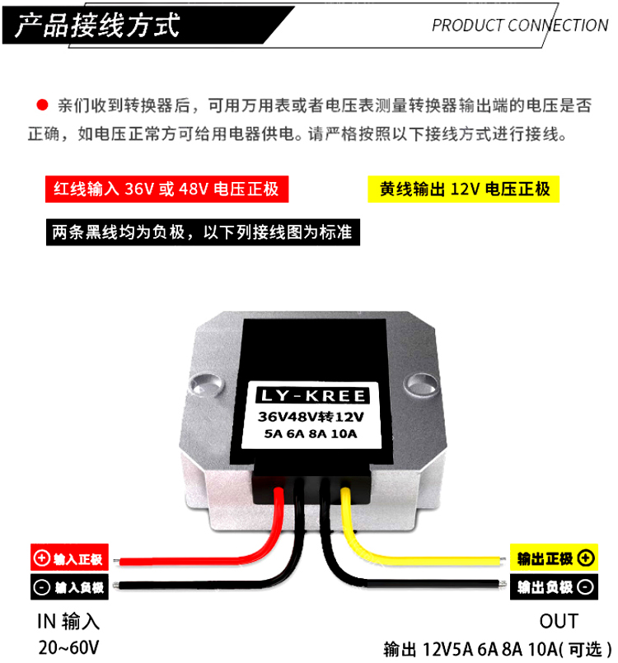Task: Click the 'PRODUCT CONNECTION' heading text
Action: click(x=519, y=25)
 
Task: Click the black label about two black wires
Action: click(x=202, y=232)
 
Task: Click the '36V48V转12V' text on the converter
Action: click(x=311, y=417)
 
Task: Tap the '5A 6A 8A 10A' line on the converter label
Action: click(x=311, y=435)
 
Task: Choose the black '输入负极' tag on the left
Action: click(x=68, y=588)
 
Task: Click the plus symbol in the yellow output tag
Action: click(x=585, y=559)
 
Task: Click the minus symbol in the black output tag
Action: click(x=585, y=587)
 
